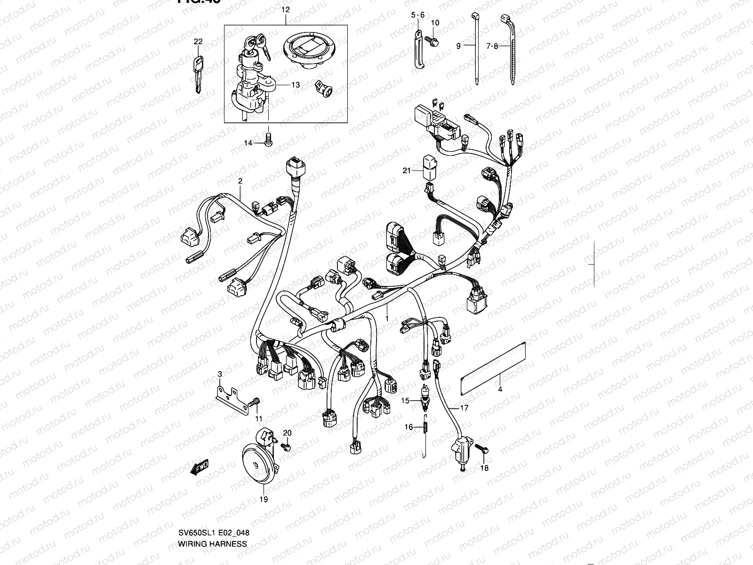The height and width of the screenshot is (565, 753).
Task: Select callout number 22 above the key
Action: click(x=198, y=42)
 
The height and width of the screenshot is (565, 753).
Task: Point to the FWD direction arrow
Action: click(x=200, y=468)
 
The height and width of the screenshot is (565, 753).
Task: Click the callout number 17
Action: click(x=464, y=408)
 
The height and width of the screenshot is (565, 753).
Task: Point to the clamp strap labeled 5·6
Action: click(x=418, y=49)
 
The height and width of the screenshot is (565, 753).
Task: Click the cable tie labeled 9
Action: click(x=477, y=47)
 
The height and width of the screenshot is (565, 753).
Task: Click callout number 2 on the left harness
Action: click(x=240, y=181)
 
